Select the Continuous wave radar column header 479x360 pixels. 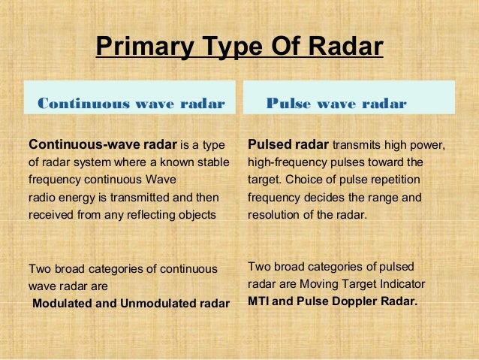pos(131,104)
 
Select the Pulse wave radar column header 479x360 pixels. pos(336,104)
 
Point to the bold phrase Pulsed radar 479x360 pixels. pos(288,144)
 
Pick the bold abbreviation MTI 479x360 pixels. pos(259,303)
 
